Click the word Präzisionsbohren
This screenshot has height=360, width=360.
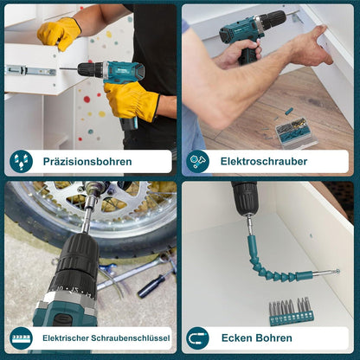87,162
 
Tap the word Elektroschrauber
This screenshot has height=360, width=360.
264,161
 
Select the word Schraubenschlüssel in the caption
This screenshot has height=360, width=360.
131,337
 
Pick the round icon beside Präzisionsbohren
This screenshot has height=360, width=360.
21,162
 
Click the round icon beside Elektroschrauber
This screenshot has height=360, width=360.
197,162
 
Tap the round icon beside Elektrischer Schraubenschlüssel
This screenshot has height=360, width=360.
21,338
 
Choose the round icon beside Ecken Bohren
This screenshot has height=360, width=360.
197,338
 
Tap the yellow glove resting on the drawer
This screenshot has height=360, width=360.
59,33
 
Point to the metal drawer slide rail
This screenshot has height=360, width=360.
30,71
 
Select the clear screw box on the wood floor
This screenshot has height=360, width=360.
296,132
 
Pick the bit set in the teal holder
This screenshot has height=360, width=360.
290,312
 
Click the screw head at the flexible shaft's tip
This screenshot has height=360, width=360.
337,272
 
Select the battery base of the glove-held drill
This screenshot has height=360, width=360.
129,124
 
